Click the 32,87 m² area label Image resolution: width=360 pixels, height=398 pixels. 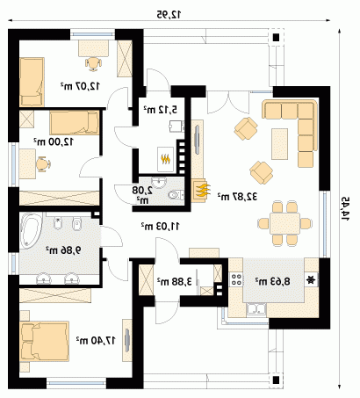pyautogui.click(x=237, y=197)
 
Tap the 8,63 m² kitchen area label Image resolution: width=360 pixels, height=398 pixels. pyautogui.click(x=272, y=281)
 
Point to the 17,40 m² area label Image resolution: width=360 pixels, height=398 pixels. pyautogui.click(x=96, y=340)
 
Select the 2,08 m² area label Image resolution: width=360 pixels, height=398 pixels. pyautogui.click(x=142, y=195)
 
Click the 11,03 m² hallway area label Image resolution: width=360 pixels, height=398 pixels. pyautogui.click(x=161, y=226)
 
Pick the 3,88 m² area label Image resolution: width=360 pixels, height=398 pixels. pyautogui.click(x=175, y=281)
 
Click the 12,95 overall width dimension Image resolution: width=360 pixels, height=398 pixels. pyautogui.click(x=169, y=14)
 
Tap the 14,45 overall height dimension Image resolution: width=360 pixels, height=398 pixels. pyautogui.click(x=346, y=209)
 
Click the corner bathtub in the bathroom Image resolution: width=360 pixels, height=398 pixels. pyautogui.click(x=31, y=230)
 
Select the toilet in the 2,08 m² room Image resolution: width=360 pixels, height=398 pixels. pyautogui.click(x=176, y=194)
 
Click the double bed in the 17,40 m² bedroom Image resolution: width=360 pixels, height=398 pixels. pyautogui.click(x=44, y=342)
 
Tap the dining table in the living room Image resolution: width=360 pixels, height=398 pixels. pyautogui.click(x=284, y=223)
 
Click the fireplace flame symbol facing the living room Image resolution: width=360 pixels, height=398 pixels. pyautogui.click(x=201, y=190)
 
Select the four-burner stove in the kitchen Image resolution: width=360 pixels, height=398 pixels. pyautogui.click(x=236, y=279)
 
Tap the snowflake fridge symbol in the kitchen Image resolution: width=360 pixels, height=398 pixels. pyautogui.click(x=311, y=280)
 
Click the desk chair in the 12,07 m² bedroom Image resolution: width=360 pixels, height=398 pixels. pyautogui.click(x=94, y=63)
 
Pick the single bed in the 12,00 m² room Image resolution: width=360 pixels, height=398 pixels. pyautogui.click(x=75, y=123)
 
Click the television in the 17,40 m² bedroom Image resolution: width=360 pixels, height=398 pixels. pyautogui.click(x=127, y=341)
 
